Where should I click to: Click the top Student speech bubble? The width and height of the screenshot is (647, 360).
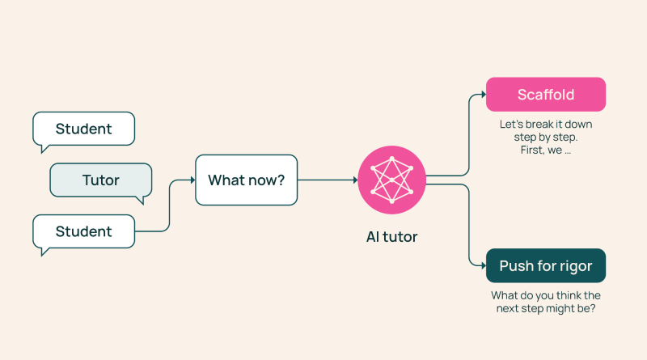[84, 129]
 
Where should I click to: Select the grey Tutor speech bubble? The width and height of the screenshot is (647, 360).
[101, 180]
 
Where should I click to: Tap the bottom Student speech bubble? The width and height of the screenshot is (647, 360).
[84, 231]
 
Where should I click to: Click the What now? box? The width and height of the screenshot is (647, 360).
[247, 180]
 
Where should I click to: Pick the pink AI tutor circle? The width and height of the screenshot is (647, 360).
[391, 180]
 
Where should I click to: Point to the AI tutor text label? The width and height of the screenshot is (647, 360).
[391, 237]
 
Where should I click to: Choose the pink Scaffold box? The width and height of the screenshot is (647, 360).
[546, 95]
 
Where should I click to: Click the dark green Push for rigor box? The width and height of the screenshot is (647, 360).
[546, 266]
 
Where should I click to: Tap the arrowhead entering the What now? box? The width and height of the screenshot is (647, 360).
[192, 180]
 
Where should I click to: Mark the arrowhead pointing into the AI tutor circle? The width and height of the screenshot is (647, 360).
[355, 180]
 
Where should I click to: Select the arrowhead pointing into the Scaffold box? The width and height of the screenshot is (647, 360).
[484, 95]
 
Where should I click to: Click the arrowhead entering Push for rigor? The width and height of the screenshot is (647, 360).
[484, 266]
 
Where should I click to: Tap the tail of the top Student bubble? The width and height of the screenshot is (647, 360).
[44, 148]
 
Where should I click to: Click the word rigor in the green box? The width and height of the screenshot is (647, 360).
[576, 267]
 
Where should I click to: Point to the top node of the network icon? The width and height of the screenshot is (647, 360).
[391, 159]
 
